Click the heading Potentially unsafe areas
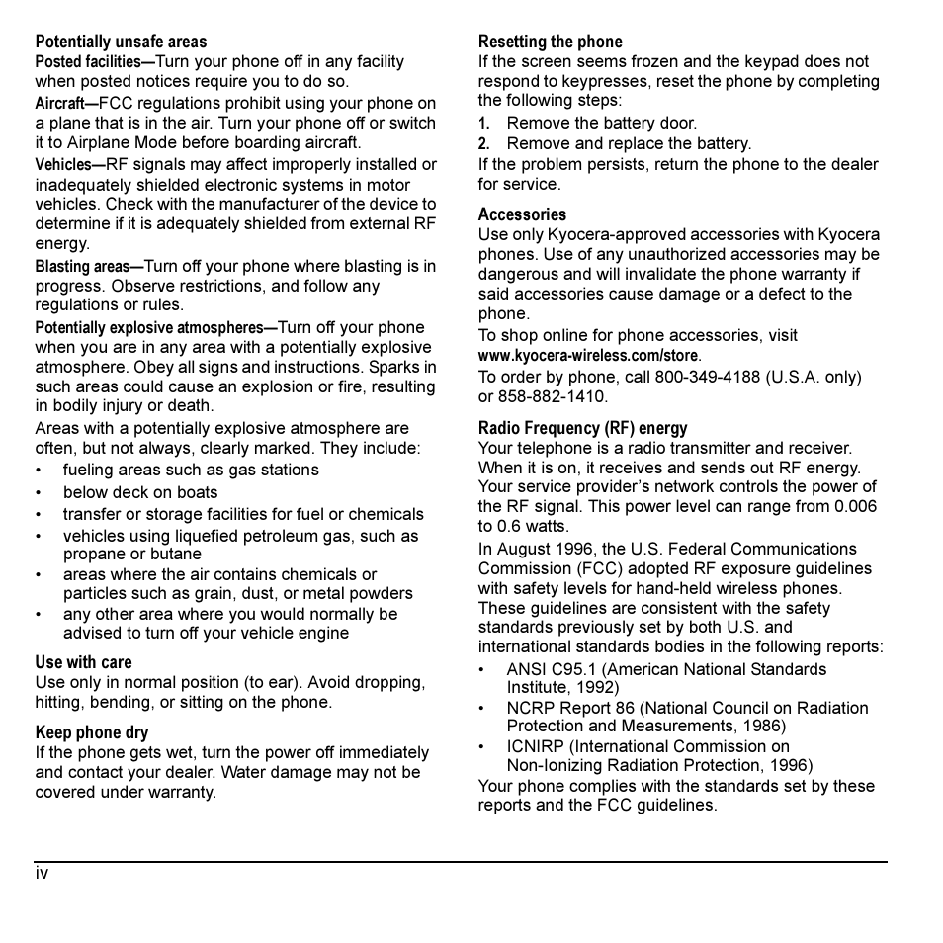(x=121, y=42)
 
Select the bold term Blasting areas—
(x=89, y=267)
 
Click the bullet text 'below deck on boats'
(x=140, y=492)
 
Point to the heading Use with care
(x=83, y=662)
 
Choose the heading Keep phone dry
(x=92, y=732)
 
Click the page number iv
(x=42, y=874)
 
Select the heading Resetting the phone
(x=550, y=42)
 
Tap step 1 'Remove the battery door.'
(x=601, y=124)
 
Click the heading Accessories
(x=522, y=214)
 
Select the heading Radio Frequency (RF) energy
(x=582, y=428)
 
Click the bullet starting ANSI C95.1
(x=666, y=670)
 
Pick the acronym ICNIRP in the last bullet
(x=535, y=747)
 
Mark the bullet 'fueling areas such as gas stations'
(x=191, y=471)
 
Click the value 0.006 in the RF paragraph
(x=853, y=507)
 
